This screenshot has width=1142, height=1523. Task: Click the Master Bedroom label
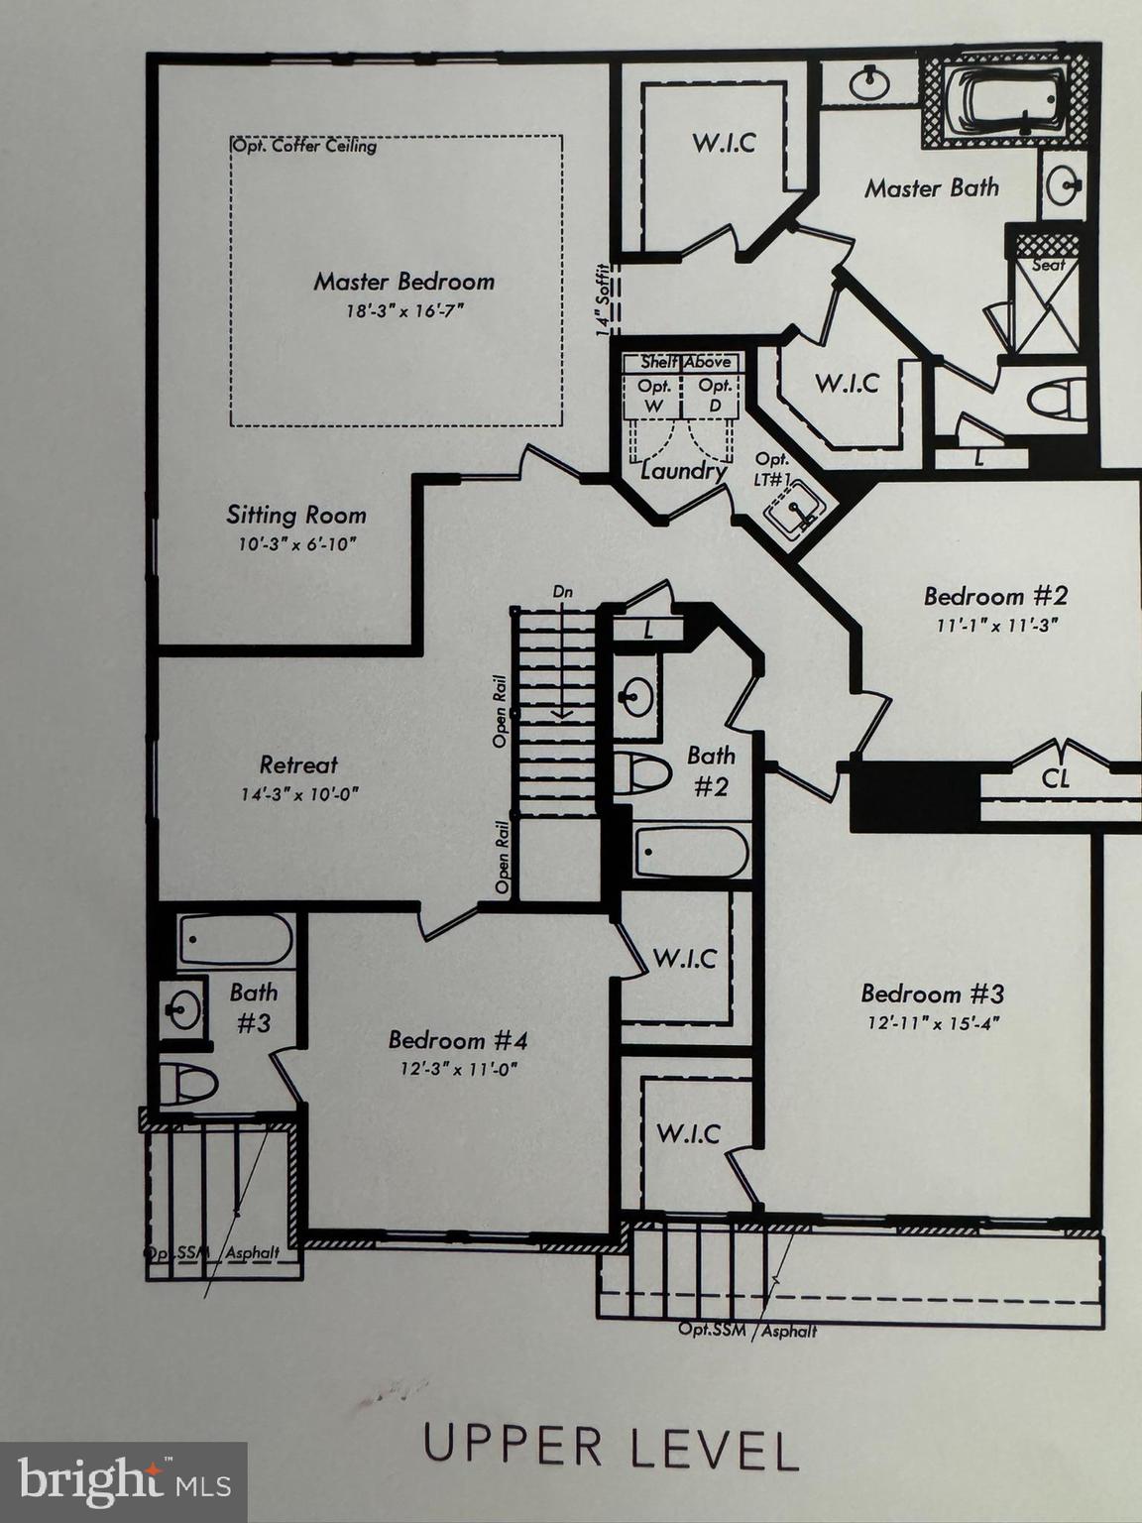[x=403, y=282]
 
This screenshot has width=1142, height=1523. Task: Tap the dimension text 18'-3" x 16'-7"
[x=403, y=311]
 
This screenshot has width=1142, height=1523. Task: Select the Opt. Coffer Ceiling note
[x=304, y=147]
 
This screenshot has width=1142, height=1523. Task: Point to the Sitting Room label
[x=295, y=516]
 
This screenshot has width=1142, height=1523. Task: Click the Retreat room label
[x=298, y=764]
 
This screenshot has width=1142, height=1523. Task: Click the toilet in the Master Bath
[x=1056, y=401]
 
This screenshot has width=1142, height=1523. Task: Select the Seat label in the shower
[x=1048, y=265]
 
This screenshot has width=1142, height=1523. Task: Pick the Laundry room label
[x=682, y=470]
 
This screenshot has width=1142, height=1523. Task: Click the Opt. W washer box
[x=653, y=394]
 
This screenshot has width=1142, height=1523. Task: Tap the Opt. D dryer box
[x=714, y=394]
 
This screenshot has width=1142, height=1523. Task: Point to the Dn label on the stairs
[x=563, y=592]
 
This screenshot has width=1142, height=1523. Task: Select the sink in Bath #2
[x=635, y=698]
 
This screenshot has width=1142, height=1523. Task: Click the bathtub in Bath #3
[x=236, y=939]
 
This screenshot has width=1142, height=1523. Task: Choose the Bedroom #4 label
[x=457, y=1040]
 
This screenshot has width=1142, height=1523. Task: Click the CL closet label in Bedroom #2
[x=1056, y=778]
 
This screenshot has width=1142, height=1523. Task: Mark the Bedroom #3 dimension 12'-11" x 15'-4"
[x=931, y=1023]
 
